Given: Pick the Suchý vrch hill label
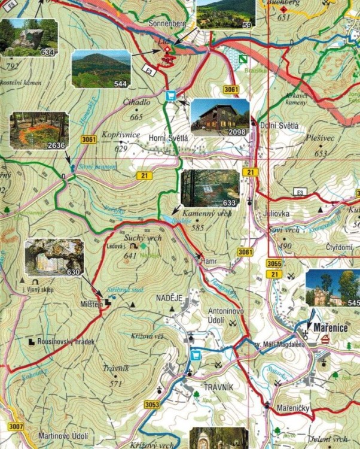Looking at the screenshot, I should pos(145,238).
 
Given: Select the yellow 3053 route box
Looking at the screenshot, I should pos(152,405).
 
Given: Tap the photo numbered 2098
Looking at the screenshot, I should pos(219,117).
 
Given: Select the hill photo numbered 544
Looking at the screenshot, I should pos(100,68).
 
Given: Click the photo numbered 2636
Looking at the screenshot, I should pos(39,130).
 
